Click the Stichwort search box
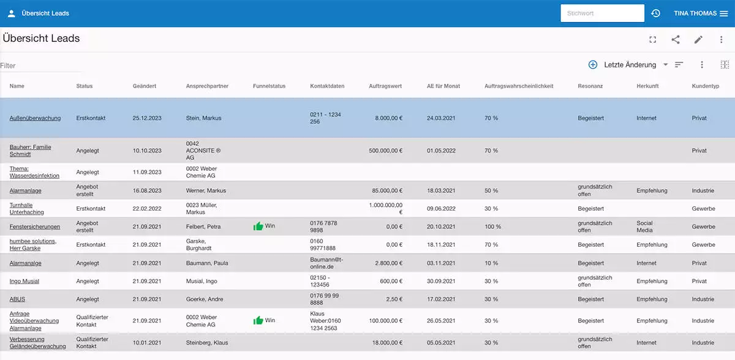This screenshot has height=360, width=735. [601, 13]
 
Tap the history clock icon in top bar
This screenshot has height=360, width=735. [655, 13]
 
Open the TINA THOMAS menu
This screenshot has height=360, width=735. [700, 13]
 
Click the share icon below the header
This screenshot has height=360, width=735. [676, 40]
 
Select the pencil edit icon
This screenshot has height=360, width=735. [698, 40]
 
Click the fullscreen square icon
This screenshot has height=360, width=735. [653, 40]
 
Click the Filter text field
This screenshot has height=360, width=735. [40, 66]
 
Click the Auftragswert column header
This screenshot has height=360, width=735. [385, 86]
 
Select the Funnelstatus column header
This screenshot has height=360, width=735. [269, 86]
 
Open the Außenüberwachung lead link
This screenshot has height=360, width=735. [35, 118]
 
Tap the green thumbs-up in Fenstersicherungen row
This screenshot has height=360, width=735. [258, 227]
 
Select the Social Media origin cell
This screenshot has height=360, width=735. [644, 227]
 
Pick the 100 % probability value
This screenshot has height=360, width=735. [492, 227]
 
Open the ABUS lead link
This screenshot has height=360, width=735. [17, 299]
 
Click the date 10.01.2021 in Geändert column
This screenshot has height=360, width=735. [147, 343]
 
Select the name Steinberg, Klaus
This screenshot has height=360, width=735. [207, 343]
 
